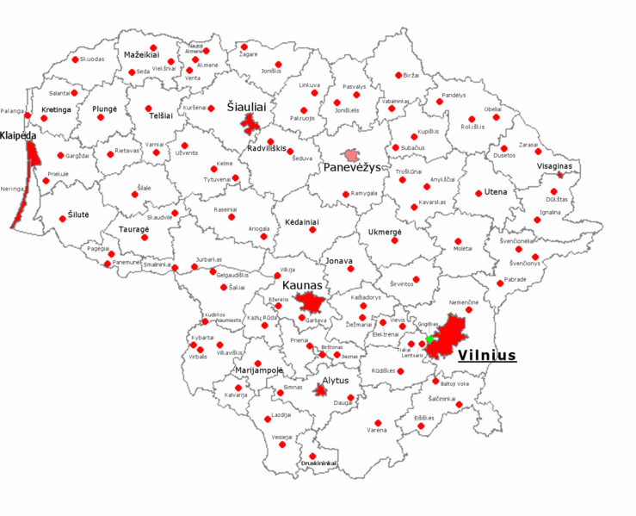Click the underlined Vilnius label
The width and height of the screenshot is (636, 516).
pyautogui.click(x=486, y=355)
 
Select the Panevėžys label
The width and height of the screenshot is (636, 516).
pyautogui.click(x=351, y=168)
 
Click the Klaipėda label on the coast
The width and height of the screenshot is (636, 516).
pyautogui.click(x=18, y=136)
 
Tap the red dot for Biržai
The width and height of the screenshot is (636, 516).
pyautogui.click(x=398, y=76)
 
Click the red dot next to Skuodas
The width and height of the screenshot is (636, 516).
pyautogui.click(x=75, y=59)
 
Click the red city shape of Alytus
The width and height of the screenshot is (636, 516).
pyautogui.click(x=321, y=390)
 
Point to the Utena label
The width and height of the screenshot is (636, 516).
pyautogui.click(x=496, y=191)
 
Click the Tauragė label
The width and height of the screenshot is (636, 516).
pyautogui.click(x=133, y=230)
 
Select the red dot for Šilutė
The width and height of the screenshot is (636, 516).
pyautogui.click(x=62, y=219)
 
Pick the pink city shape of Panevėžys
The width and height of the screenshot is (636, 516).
pyautogui.click(x=351, y=155)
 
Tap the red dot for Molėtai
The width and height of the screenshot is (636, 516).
pyautogui.click(x=457, y=239)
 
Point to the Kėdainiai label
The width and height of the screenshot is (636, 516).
pyautogui.click(x=301, y=221)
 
